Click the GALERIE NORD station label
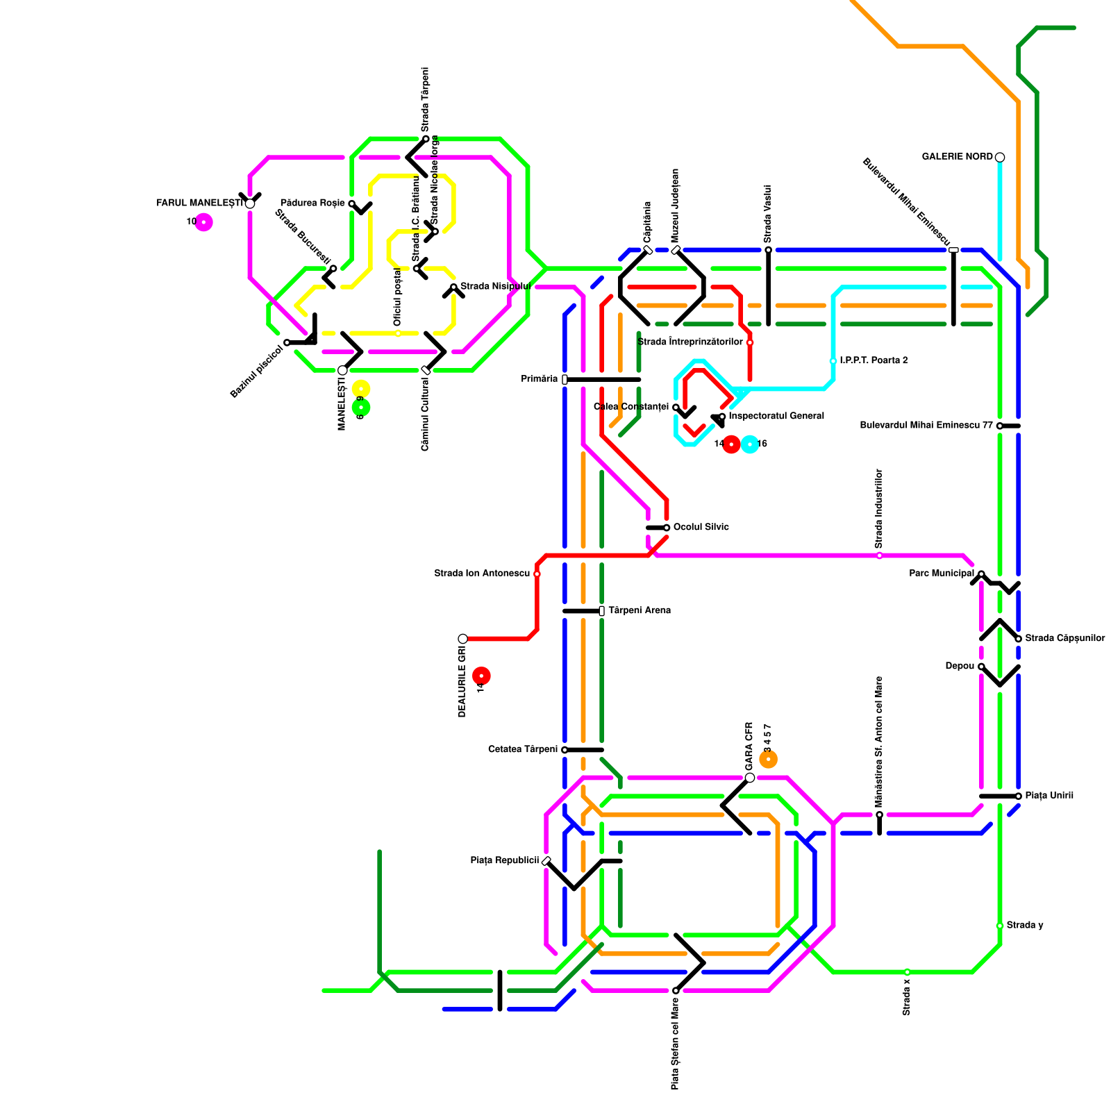click(x=957, y=157)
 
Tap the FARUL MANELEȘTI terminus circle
click(x=250, y=203)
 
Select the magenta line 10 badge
click(x=203, y=222)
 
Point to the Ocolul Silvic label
click(x=701, y=527)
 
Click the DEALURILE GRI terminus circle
click(x=463, y=639)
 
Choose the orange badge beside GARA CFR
click(x=768, y=760)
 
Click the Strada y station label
click(x=1024, y=926)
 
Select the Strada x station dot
click(x=907, y=972)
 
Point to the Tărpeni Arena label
click(x=639, y=611)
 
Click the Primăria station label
click(x=540, y=379)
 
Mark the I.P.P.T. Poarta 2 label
click(x=873, y=361)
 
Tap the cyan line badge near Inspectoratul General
click(x=750, y=444)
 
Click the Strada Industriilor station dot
click(x=879, y=555)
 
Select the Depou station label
click(x=960, y=667)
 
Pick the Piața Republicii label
click(x=505, y=861)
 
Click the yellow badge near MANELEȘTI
click(x=361, y=389)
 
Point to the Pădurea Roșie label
click(x=312, y=203)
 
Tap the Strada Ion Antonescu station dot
click(x=537, y=574)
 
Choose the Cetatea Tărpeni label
click(x=523, y=750)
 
